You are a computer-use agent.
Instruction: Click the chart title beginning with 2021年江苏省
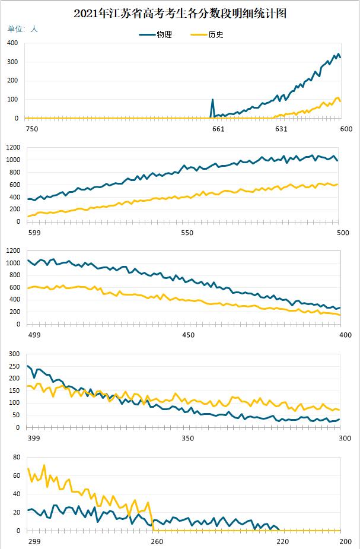point(180,14)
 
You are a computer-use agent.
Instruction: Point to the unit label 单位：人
point(23,28)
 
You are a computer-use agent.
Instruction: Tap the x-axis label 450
point(188,335)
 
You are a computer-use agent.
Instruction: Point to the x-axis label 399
point(34,439)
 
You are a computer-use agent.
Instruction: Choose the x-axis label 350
point(188,439)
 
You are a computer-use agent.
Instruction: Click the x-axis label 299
point(34,541)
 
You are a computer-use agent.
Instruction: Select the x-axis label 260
point(157,541)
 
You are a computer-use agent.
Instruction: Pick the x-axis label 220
point(282,541)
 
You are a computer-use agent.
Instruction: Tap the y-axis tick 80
point(16,458)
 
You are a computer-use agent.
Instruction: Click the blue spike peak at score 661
point(212,100)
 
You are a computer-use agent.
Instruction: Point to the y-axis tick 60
point(16,476)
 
